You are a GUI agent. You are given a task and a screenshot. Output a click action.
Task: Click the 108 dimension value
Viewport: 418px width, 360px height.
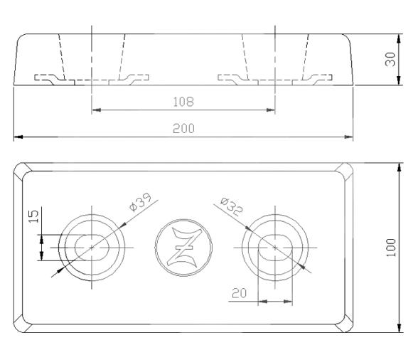point(183,102)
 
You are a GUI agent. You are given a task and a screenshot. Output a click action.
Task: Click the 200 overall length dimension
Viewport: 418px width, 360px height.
point(183,128)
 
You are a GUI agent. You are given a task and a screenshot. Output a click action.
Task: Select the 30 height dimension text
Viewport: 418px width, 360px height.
point(390,59)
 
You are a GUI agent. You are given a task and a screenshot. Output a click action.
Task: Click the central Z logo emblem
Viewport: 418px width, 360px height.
point(183,247)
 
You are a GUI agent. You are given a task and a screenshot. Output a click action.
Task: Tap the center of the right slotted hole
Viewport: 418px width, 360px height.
point(274,246)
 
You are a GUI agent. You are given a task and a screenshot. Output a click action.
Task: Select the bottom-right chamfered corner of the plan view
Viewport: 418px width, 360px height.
point(345,325)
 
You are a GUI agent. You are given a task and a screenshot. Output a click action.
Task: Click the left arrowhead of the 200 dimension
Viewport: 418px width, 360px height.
point(18,135)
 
